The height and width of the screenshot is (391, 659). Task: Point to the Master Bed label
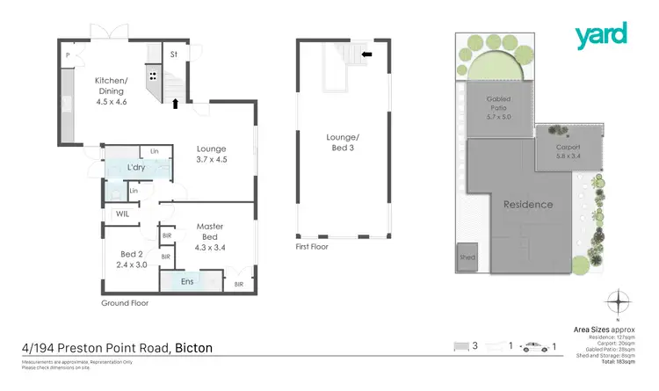209,231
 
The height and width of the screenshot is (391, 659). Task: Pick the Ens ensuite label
186,281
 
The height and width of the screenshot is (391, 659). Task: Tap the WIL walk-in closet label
121,214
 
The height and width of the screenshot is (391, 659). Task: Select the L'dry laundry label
135,167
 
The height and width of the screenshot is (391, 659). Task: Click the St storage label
174,54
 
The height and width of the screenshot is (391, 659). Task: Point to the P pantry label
67,54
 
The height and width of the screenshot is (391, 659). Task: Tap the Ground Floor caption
125,303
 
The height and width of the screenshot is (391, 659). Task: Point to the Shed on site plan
467,257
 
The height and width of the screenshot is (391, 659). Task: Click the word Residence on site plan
528,205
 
